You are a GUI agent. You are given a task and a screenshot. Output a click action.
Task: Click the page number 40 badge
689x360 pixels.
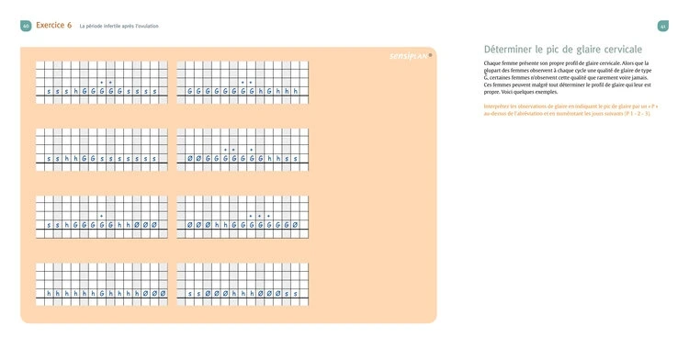(x=25, y=25)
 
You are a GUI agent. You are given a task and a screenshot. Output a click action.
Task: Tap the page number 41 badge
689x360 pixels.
(x=662, y=25)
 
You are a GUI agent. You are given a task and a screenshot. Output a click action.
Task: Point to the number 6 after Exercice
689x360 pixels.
(x=70, y=25)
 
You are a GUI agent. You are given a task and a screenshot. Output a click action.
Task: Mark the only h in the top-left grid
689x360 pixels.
(x=75, y=92)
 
